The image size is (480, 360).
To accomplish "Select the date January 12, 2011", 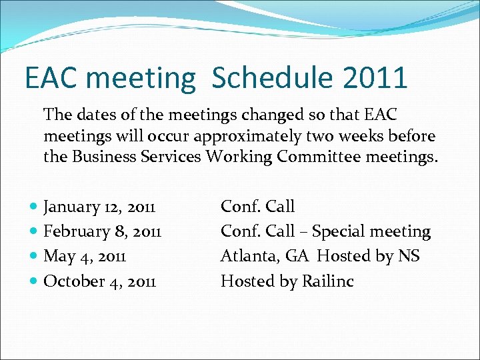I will click(99, 207).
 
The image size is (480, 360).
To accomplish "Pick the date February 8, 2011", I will click(102, 231).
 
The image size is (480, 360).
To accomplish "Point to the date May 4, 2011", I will click(85, 256).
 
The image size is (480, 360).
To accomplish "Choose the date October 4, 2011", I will click(99, 281).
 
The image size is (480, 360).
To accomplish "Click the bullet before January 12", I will click(34, 207).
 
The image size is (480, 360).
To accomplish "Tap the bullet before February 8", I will click(34, 232).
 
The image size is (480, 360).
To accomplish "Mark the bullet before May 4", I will click(34, 257).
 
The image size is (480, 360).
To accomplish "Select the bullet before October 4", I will click(34, 281).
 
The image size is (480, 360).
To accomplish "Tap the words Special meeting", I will click(371, 232).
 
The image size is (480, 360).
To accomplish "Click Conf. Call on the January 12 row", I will click(257, 207).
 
